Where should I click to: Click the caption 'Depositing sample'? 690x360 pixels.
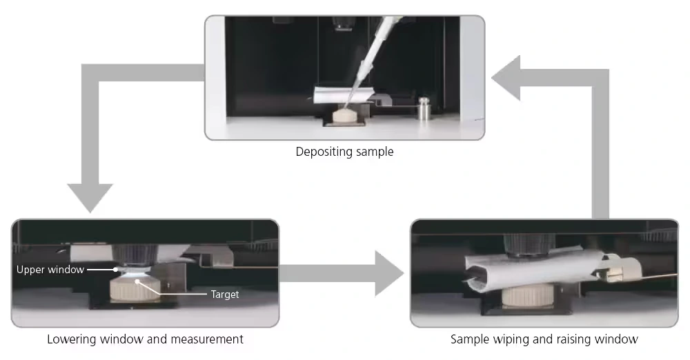click(344, 152)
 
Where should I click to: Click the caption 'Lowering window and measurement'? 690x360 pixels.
click(145, 339)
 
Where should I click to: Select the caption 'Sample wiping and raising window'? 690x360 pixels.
click(544, 339)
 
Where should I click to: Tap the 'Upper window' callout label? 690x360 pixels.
click(50, 270)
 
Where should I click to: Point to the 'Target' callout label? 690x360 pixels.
click(225, 294)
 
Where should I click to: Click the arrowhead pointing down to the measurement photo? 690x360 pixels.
click(90, 197)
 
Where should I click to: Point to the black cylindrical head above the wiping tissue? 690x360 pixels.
click(528, 243)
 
